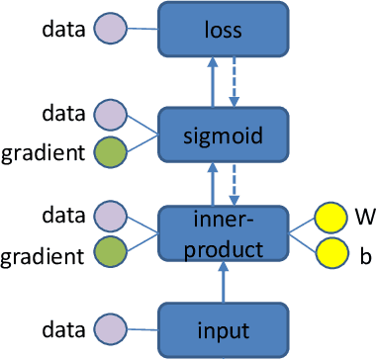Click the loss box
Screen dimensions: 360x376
223,29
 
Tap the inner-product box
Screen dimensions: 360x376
223,233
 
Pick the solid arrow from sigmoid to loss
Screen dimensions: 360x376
211,79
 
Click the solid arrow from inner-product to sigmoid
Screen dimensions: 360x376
211,182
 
